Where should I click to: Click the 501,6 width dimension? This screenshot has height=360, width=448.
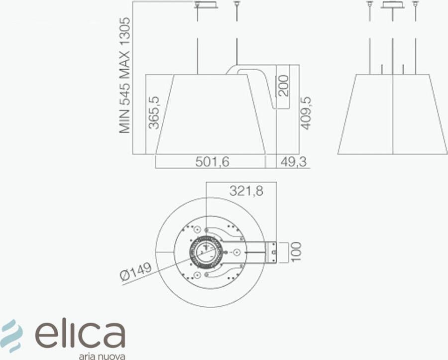tap(212, 162)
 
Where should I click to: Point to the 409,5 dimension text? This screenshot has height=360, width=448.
tap(306, 113)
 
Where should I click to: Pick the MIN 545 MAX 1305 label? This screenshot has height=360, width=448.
tap(125, 75)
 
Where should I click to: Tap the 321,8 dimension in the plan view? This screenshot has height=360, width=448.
tap(246, 190)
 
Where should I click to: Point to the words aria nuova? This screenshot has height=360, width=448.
tap(102, 356)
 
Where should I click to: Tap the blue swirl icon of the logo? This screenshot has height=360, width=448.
tap(11, 333)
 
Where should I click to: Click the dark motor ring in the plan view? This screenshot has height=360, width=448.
tap(206, 252)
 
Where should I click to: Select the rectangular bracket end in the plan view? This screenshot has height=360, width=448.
tap(273, 252)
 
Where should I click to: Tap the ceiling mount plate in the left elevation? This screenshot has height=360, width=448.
tap(206, 5)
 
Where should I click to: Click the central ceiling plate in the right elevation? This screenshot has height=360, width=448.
tap(393, 5)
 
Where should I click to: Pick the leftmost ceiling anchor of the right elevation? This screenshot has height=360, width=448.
tap(370, 4)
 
